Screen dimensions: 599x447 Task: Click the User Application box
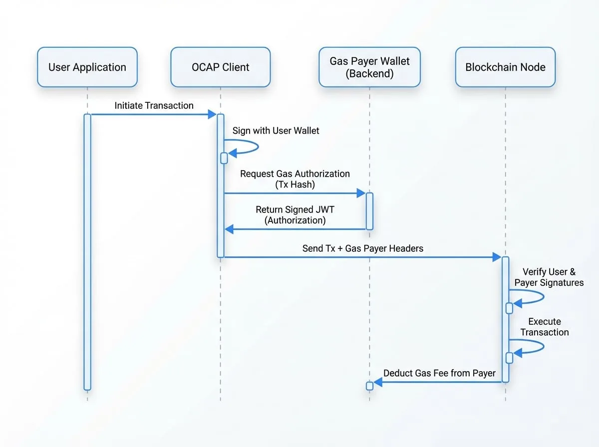[87, 67]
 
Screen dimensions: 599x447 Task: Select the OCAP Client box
[221, 67]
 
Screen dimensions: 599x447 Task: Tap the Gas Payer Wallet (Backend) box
[369, 67]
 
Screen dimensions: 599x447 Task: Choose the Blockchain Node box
[505, 67]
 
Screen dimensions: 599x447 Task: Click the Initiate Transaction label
[154, 106]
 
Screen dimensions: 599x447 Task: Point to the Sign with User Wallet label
[276, 131]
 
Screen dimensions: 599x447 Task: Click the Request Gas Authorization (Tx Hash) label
[295, 179]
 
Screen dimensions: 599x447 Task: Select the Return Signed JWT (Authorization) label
[295, 215]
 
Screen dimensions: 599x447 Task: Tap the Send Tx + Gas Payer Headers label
[363, 248]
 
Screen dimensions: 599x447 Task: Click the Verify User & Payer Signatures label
[549, 277]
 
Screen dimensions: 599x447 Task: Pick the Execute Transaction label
[545, 327]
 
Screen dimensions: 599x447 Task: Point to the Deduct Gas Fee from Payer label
[439, 373]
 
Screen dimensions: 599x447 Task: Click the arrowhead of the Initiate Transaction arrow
[212, 114]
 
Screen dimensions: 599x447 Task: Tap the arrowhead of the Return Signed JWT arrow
[229, 229]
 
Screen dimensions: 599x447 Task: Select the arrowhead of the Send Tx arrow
[497, 257]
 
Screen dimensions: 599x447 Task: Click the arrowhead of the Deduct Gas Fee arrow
[378, 382]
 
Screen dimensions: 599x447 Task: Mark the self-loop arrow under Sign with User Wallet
[258, 147]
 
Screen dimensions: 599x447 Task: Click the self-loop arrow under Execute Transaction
[543, 347]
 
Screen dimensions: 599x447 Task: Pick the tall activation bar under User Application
[87, 252]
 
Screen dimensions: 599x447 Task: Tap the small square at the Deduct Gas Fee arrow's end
[369, 386]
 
